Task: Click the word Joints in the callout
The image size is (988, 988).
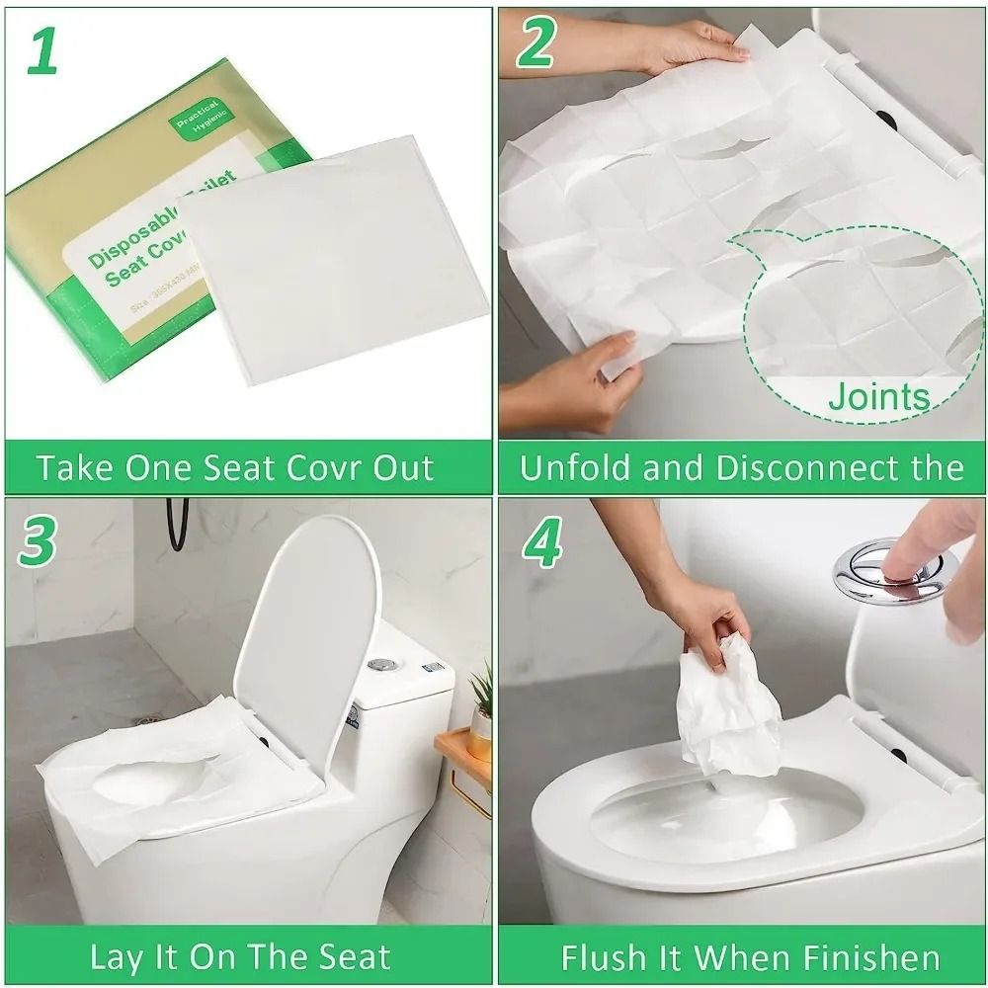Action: click(878, 397)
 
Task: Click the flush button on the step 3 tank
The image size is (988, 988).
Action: click(379, 664)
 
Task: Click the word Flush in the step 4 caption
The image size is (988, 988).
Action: click(604, 957)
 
